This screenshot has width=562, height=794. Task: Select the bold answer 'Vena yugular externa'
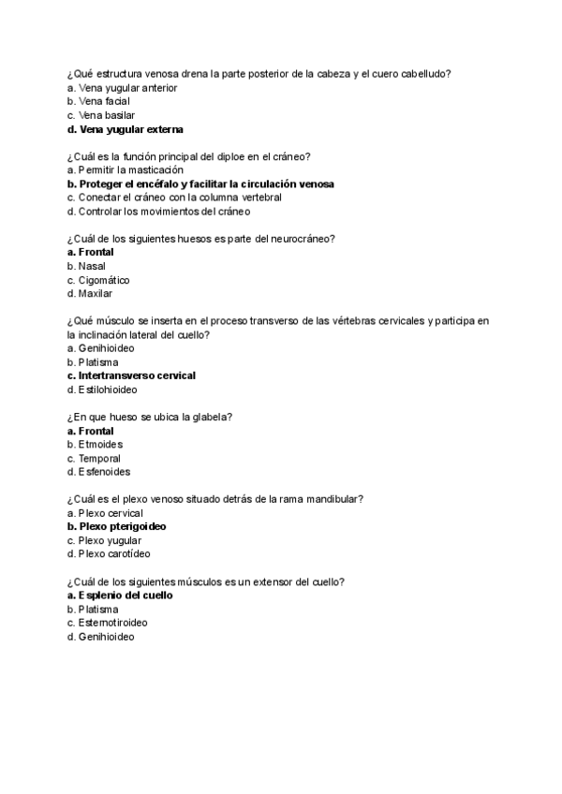[131, 129]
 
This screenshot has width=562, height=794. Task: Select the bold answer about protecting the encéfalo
[206, 184]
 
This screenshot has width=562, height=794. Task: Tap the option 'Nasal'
[92, 266]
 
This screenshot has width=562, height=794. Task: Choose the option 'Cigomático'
[104, 280]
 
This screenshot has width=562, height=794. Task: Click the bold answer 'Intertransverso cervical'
[137, 375]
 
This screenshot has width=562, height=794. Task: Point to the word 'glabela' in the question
[216, 417]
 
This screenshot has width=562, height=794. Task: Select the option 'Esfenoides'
[104, 472]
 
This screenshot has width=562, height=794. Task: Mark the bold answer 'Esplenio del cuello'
[126, 595]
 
